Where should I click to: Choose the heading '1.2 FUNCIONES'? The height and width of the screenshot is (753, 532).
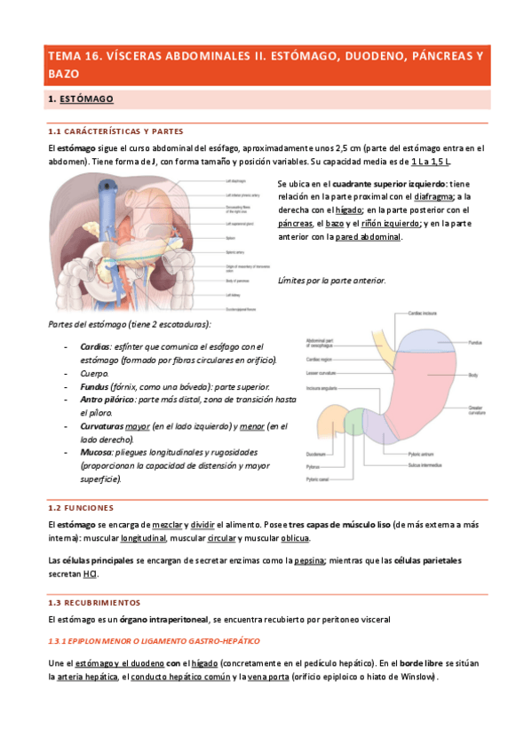80,508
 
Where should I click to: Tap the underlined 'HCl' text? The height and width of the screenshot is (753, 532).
90,574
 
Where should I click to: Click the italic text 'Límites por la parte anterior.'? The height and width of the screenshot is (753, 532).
331,281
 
